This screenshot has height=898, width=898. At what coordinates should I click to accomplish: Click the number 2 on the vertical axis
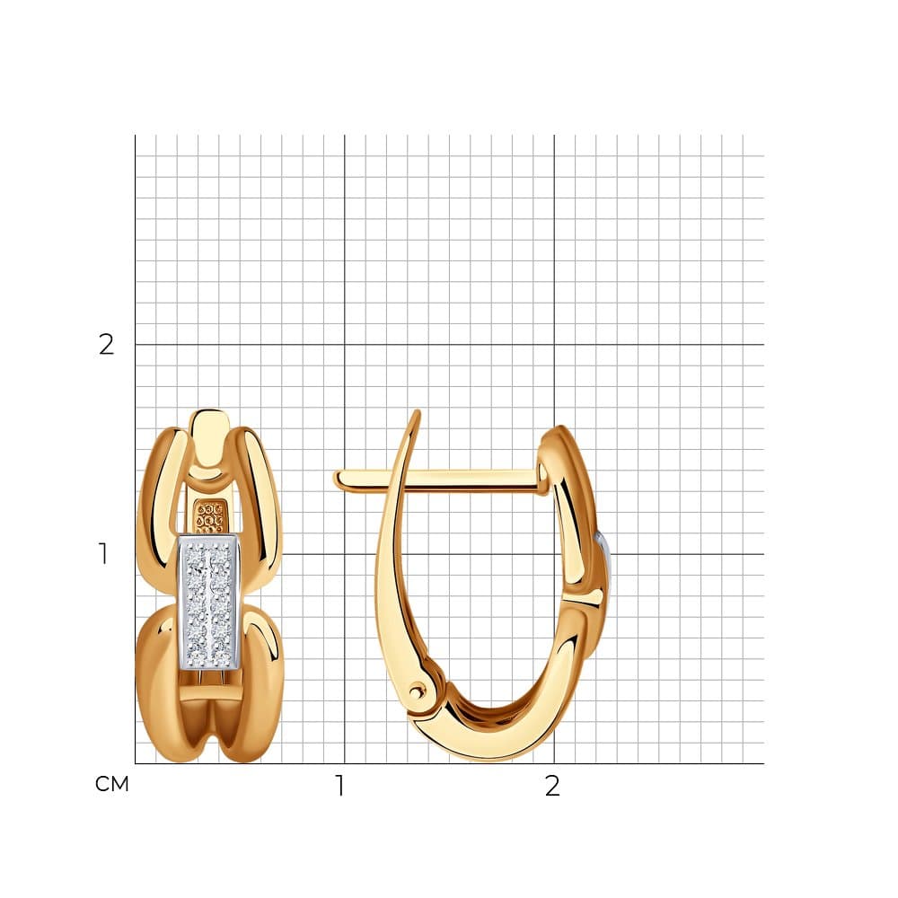click(x=106, y=345)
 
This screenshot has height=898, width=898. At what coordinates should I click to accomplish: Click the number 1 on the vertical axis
click(x=103, y=554)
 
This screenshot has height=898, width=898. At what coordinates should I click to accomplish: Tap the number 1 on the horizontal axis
click(x=340, y=786)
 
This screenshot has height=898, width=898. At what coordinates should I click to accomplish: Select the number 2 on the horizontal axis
click(x=552, y=786)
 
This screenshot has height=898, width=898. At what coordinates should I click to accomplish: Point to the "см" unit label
click(x=111, y=784)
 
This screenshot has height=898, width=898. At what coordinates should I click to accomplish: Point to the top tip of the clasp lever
click(x=418, y=411)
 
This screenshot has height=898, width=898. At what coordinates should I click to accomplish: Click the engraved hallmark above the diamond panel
click(x=209, y=518)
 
